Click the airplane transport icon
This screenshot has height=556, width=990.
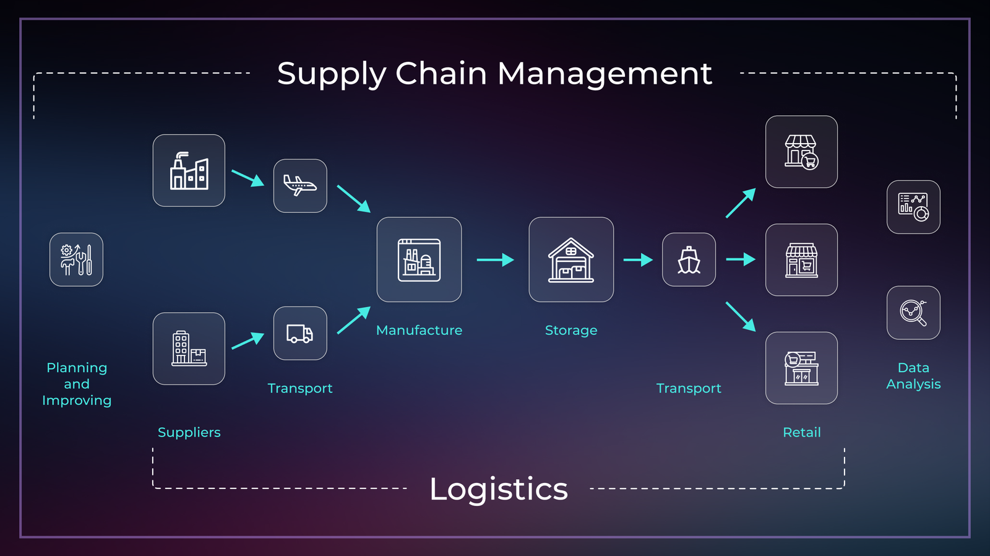pyautogui.click(x=300, y=186)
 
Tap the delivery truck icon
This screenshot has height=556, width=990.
pyautogui.click(x=300, y=333)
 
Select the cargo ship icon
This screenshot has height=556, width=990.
pyautogui.click(x=689, y=259)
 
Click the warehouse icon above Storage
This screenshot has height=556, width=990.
pyautogui.click(x=571, y=259)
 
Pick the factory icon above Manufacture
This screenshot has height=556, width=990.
pyautogui.click(x=419, y=259)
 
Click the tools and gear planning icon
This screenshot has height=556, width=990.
pyautogui.click(x=76, y=259)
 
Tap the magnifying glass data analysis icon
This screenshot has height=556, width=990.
pyautogui.click(x=913, y=313)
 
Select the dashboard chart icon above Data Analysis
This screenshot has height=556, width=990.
pyautogui.click(x=913, y=207)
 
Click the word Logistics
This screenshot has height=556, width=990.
pyautogui.click(x=498, y=489)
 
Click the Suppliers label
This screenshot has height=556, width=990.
pyautogui.click(x=189, y=432)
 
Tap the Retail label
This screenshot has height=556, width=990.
pyautogui.click(x=801, y=432)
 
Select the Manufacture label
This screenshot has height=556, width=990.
pyautogui.click(x=419, y=330)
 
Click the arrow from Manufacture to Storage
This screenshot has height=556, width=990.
pyautogui.click(x=495, y=259)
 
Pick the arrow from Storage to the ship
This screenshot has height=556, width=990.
pyautogui.click(x=637, y=259)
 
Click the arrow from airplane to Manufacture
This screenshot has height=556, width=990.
pyautogui.click(x=353, y=198)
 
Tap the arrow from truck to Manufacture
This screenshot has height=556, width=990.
pyautogui.click(x=353, y=320)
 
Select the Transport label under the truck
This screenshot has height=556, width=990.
pyautogui.click(x=300, y=388)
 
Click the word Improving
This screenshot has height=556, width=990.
pyautogui.click(x=77, y=401)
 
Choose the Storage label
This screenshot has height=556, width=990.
pyautogui.click(x=571, y=330)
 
